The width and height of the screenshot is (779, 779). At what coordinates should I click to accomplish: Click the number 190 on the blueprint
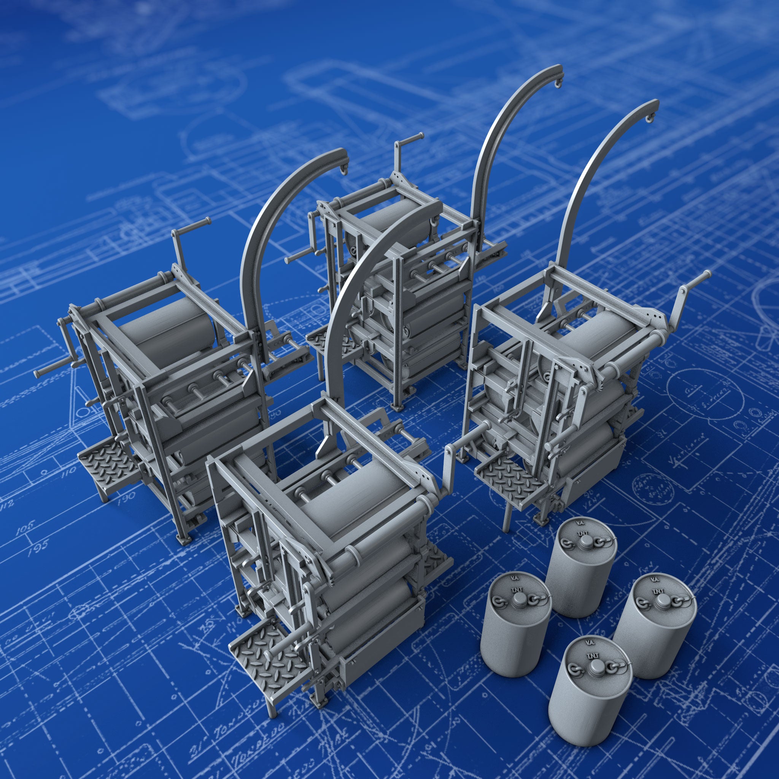[126, 499]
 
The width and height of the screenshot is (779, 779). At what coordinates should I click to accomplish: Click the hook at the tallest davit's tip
[558, 83]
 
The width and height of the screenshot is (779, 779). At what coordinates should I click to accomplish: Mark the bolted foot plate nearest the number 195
[186, 538]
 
